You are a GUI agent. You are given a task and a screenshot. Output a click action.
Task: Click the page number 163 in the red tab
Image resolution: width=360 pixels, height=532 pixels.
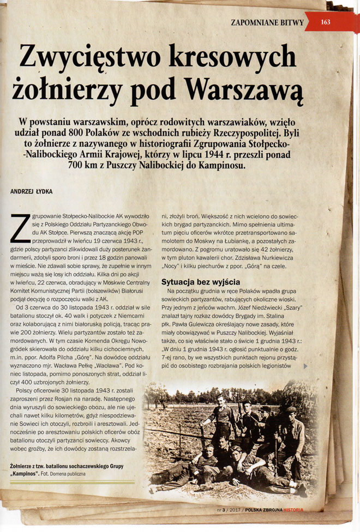point(326,22)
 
